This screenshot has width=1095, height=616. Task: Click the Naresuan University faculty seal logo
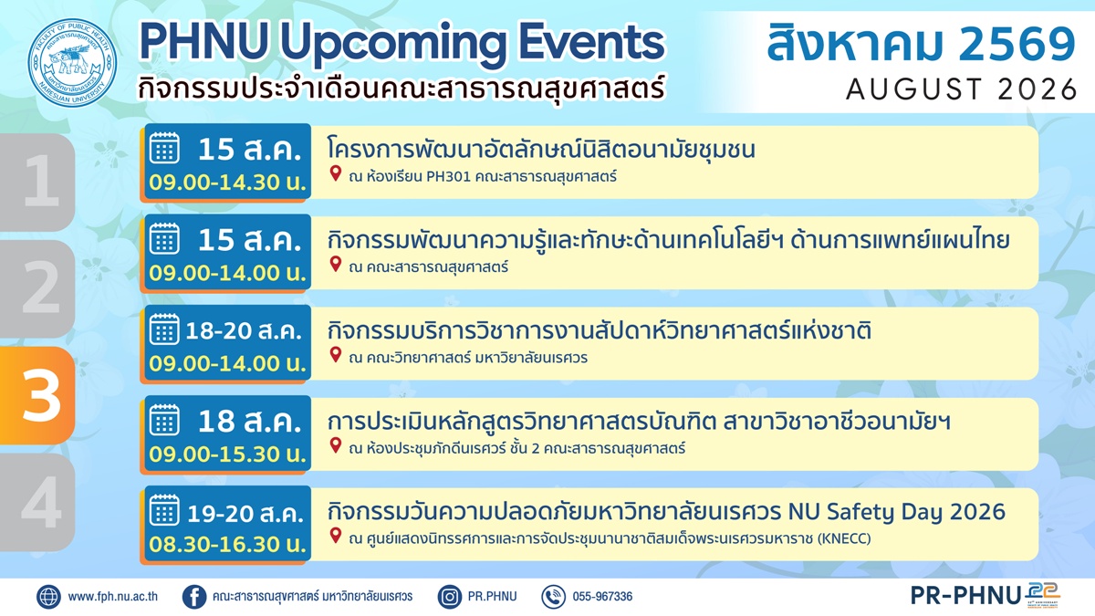[72, 63]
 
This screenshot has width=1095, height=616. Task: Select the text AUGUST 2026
[961, 89]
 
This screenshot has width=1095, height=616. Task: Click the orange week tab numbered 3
[37, 395]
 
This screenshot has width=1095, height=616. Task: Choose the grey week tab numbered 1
[37, 183]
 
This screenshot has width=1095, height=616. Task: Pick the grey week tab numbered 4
[37, 502]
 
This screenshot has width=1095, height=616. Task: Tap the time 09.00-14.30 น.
[227, 183]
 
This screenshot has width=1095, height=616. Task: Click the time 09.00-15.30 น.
[227, 454]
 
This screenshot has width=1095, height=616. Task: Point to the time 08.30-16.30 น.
[227, 544]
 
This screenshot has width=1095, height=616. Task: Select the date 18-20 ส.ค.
[244, 331]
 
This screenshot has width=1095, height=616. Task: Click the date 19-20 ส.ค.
[245, 513]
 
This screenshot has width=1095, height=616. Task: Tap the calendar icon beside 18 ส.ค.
[164, 420]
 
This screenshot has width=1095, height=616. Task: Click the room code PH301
[448, 176]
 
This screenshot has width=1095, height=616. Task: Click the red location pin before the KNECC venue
[336, 536]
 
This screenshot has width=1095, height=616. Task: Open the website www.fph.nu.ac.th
[112, 597]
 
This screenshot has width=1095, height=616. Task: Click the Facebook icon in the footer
[194, 597]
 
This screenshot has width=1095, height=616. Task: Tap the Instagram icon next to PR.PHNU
[450, 597]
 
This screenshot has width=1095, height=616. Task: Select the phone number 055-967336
[602, 597]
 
